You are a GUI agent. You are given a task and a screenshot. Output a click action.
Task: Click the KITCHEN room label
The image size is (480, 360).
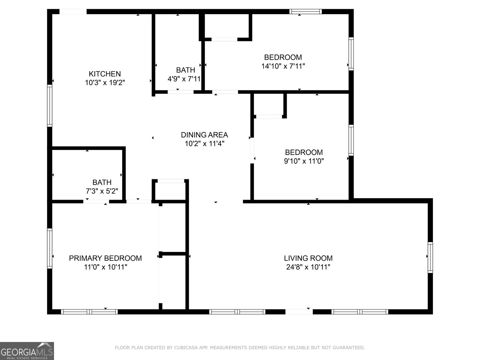tap(105, 74)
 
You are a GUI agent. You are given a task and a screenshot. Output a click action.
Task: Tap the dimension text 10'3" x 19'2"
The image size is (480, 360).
tap(105, 83)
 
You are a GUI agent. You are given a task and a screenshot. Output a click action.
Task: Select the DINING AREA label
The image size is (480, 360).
tap(204, 135)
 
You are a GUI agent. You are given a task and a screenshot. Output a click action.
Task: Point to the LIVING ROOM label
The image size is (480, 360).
tap(308, 258)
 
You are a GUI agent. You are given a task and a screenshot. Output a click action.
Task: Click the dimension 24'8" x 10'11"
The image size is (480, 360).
tap(308, 267)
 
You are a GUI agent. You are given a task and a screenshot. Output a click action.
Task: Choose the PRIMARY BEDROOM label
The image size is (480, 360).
tap(105, 258)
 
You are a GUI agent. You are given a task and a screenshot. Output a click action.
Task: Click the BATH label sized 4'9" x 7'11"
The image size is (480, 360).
tap(185, 70)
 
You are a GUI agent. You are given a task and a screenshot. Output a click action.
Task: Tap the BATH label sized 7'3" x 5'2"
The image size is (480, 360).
tap(102, 182)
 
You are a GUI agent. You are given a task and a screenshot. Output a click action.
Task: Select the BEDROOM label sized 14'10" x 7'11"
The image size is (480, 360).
tap(283, 57)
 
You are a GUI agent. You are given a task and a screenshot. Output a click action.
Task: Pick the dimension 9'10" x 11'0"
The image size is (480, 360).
tap(304, 161)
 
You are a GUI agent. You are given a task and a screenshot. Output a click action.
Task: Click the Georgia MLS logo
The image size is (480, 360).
tap(27, 351)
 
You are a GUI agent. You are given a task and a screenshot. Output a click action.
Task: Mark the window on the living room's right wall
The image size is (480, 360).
tap(430, 257)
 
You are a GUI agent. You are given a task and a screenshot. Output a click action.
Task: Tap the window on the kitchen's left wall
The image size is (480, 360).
tap(49, 105)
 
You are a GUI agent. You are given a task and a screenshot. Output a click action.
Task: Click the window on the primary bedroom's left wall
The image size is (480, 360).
tap(49, 248)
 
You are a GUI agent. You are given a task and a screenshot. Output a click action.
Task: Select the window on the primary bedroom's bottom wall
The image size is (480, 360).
tap(89, 312)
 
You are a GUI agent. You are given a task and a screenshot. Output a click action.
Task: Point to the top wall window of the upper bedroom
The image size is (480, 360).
tap(305, 12)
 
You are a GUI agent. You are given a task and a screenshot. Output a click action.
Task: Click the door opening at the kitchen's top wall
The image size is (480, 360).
tap(73, 12)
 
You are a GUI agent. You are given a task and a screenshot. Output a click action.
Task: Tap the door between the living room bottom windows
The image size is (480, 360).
tap(298, 312)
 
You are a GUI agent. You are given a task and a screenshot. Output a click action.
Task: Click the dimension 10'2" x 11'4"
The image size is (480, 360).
tap(204, 144)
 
